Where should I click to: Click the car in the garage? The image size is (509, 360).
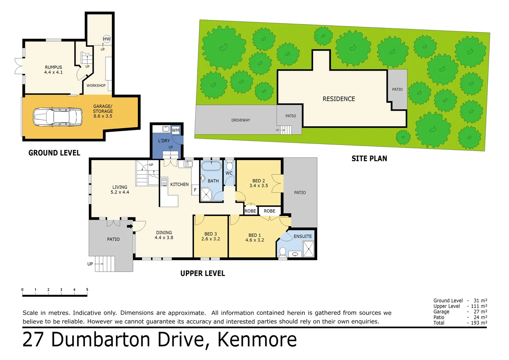point(57,117)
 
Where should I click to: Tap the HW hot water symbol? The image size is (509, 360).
point(107,39)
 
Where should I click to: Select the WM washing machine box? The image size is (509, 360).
point(176,130)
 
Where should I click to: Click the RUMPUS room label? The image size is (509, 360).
point(53,67)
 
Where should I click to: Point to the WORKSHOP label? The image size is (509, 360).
point(96,86)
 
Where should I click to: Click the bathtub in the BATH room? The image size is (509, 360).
point(211,166)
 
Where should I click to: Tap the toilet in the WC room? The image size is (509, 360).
point(229,166)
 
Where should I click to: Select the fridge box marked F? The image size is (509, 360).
point(195,190)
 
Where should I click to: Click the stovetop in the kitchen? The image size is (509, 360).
point(164,182)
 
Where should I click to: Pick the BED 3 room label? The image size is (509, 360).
point(211,234)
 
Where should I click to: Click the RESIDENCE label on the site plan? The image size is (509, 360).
point(339,99)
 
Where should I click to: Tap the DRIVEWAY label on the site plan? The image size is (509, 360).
point(241,120)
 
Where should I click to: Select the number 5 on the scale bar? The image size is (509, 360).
point(87,290)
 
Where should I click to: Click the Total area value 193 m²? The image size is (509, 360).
point(479,323)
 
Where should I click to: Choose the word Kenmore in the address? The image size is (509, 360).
point(257,340)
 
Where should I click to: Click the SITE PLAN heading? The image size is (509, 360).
point(369,159)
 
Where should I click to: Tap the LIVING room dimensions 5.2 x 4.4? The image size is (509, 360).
point(120,192)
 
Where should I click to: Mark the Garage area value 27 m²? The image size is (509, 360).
point(480,312)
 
